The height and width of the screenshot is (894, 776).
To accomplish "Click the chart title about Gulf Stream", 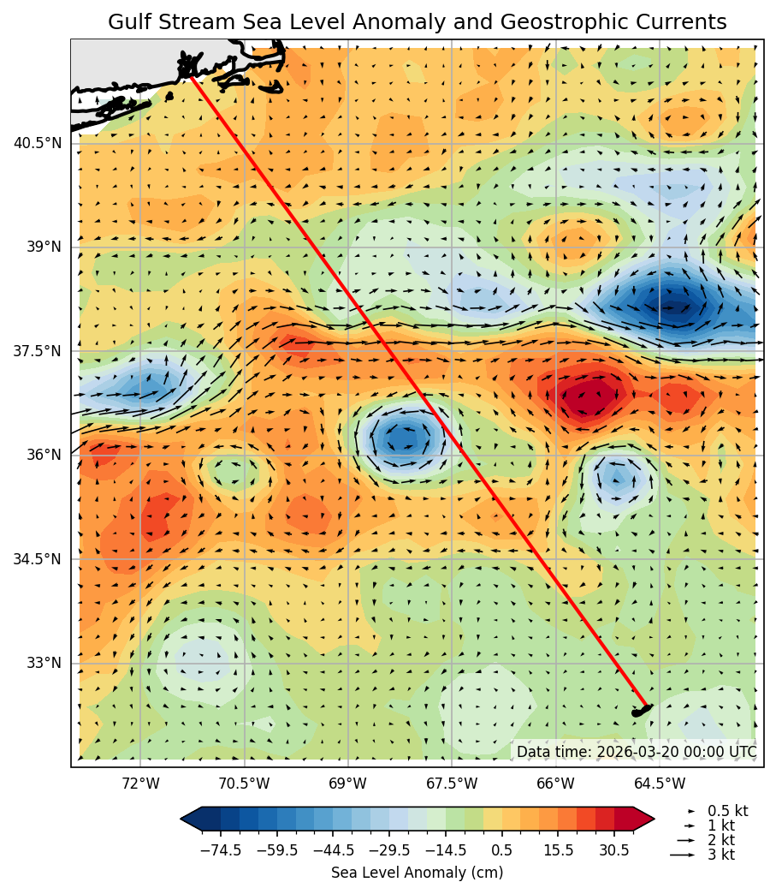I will click(x=417, y=22).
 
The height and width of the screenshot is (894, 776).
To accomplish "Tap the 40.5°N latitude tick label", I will click(x=37, y=143).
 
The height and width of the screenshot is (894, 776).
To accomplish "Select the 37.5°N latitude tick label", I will click(x=37, y=351).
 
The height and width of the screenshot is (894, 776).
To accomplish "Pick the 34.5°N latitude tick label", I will click(x=37, y=559).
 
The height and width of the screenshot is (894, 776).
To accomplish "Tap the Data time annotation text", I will click(x=636, y=752).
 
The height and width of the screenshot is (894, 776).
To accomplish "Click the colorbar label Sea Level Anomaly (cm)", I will click(x=417, y=873).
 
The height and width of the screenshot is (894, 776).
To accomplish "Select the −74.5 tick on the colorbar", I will click(x=221, y=850).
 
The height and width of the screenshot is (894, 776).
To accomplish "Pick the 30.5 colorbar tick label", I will click(x=614, y=850).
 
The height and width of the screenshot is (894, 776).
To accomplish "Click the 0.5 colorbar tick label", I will click(x=501, y=850).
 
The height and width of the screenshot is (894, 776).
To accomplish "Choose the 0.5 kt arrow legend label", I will click(x=727, y=811).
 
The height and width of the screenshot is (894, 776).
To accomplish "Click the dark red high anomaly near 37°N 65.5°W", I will click(x=589, y=396).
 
